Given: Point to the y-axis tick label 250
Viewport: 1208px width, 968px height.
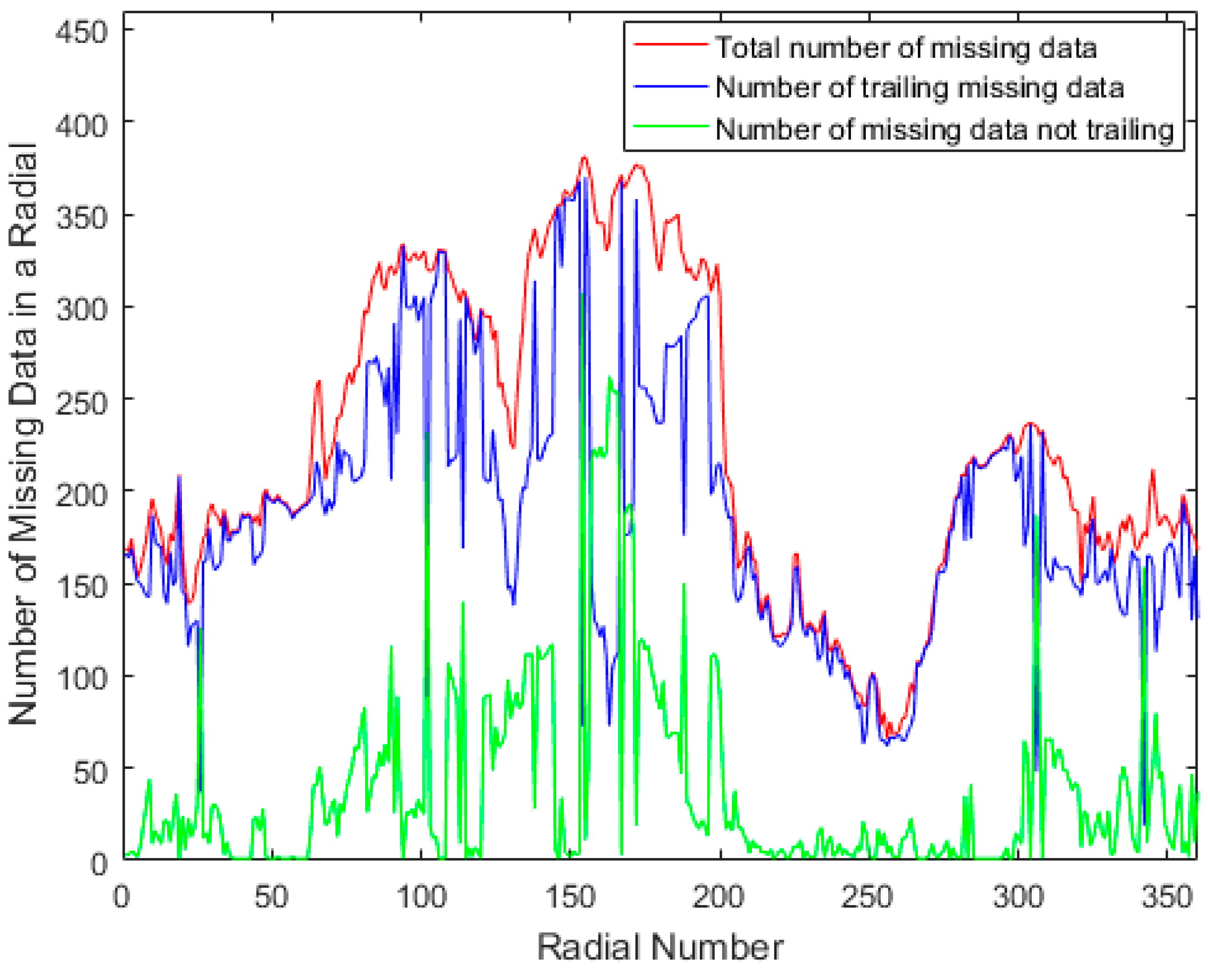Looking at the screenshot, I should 81,403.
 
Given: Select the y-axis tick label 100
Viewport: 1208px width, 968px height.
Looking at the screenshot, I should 81,679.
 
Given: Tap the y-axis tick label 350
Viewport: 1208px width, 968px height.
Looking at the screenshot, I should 81,218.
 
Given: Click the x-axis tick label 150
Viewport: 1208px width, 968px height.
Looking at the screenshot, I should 570,897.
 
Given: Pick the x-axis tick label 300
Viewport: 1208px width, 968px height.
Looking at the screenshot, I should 1018,897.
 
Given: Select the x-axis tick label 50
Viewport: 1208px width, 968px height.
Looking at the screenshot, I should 271,897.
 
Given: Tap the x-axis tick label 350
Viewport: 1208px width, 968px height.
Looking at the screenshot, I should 1167,897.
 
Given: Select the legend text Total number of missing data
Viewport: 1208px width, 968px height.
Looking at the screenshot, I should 906,47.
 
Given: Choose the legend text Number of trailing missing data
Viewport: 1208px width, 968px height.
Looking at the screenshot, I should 920,88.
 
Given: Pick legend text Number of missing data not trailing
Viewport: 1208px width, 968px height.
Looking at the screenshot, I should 945,129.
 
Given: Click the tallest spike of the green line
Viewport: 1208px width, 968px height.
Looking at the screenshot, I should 583,293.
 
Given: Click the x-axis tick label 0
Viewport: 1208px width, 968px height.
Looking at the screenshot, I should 121,897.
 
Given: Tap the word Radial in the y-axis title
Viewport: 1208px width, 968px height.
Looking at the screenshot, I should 24,195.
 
